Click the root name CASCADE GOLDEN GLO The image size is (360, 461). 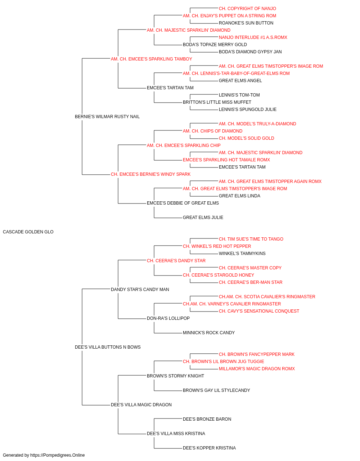28,232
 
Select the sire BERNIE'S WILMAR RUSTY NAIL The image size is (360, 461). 107,117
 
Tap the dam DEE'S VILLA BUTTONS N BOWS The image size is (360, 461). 108,347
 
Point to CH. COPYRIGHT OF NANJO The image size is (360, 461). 247,9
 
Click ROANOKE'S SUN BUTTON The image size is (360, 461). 246,23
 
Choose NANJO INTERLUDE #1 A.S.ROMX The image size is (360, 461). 253,37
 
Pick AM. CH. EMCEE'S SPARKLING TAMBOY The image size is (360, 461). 151,59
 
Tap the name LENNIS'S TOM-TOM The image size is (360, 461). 239,95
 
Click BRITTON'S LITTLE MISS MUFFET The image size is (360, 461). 217,102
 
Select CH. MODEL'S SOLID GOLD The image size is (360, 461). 246,138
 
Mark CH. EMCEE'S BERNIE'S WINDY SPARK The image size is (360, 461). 150,174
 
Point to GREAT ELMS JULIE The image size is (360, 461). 203,218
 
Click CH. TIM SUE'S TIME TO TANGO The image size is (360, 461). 251,239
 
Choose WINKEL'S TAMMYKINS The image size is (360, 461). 242,254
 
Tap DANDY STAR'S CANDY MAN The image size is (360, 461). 140,290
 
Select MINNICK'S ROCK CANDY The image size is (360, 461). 209,333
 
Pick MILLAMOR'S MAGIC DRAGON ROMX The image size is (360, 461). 257,369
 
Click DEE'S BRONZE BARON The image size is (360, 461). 207,419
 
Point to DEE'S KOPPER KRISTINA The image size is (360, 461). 209,448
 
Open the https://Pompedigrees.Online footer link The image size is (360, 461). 58,455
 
